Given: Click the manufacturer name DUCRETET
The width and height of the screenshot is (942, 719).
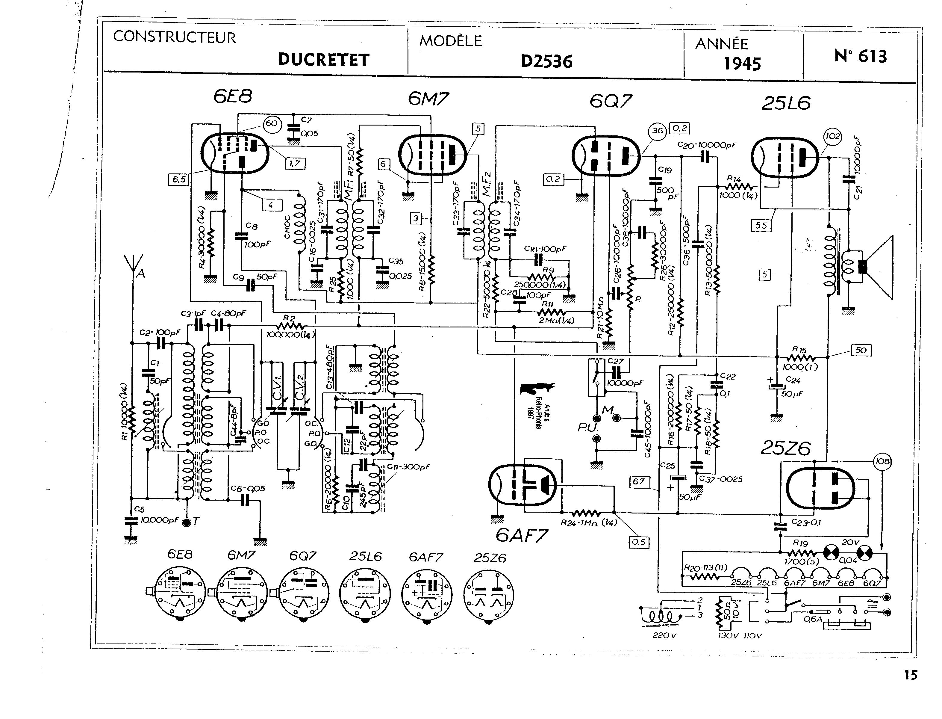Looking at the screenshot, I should click(x=323, y=60).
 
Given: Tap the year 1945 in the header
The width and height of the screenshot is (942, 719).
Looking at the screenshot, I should click(x=742, y=64).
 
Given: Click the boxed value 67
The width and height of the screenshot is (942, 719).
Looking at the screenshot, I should click(x=639, y=481).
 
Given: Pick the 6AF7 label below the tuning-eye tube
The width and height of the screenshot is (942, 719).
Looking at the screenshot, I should click(x=522, y=535).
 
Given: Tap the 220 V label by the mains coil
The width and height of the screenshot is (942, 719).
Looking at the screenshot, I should click(x=664, y=635).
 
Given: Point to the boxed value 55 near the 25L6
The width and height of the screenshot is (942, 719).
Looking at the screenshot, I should click(x=761, y=225).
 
